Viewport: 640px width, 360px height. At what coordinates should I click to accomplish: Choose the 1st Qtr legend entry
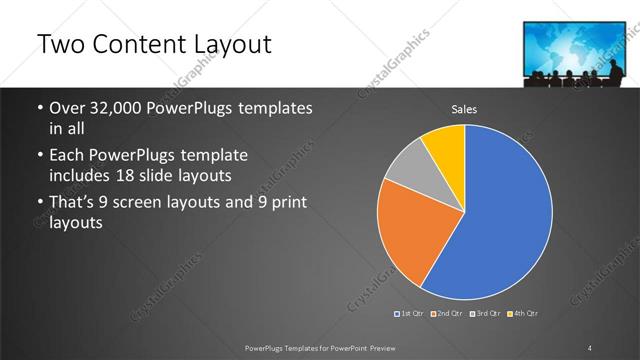410,314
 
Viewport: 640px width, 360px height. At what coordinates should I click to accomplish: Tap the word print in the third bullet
287,204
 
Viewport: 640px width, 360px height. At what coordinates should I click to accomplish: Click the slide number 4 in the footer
590,347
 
